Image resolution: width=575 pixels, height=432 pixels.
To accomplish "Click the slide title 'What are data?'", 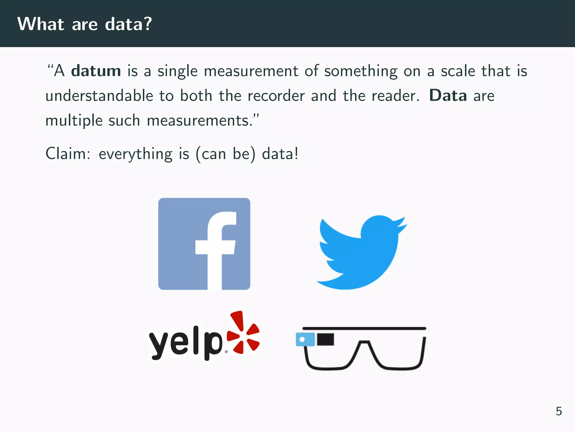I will point(85,24).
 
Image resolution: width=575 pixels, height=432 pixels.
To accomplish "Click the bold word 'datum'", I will point(96,71).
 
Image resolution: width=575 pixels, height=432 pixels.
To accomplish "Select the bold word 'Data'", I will point(448,96).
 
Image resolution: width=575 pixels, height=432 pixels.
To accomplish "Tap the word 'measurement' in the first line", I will point(251,71).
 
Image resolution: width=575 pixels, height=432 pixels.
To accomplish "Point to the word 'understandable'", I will point(99,96).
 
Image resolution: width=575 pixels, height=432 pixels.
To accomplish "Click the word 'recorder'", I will point(276,96).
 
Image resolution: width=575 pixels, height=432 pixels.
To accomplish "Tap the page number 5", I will point(559,411).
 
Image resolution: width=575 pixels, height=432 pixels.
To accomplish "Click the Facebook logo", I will point(204,244).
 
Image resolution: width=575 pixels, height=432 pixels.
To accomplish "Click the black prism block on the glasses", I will point(326,339).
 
